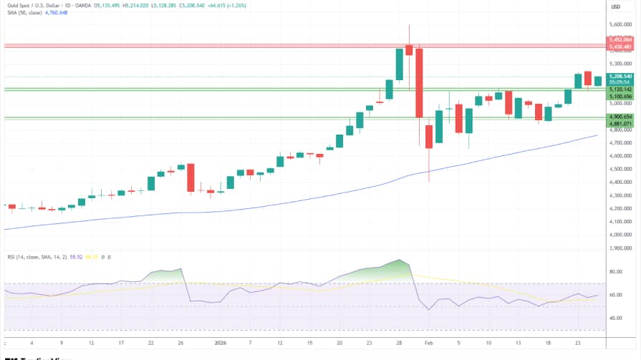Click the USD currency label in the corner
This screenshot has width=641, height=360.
coord(615,6)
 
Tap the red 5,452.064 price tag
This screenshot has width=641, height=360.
coord(620,40)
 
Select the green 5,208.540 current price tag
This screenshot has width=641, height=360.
coord(620,76)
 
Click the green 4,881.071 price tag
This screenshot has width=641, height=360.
coord(620,124)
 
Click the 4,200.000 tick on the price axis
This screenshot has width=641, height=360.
coord(620,208)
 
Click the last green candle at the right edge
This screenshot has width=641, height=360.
coord(597,82)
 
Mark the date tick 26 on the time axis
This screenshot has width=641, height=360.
coord(180,343)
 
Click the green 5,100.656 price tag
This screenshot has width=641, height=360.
coord(620,97)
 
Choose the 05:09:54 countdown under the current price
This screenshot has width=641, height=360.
coord(620,82)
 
